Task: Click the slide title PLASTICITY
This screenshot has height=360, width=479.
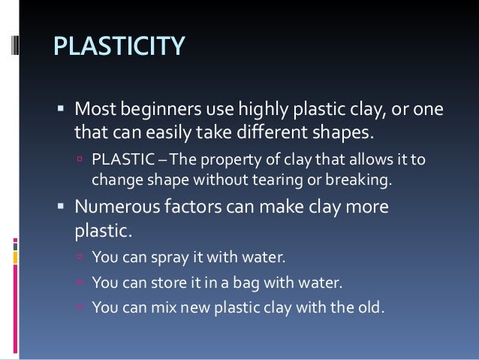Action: tap(118, 46)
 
